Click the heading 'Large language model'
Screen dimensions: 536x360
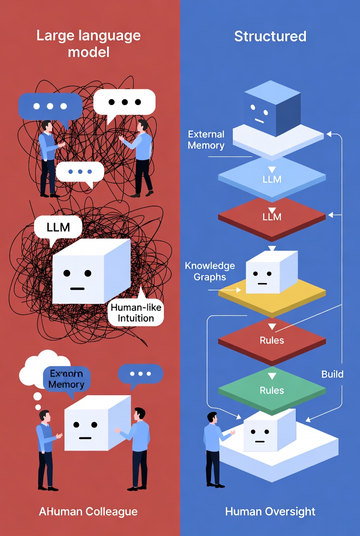click(x=89, y=44)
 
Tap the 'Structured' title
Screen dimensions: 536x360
click(x=270, y=36)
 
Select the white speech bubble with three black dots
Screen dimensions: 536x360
click(x=124, y=102)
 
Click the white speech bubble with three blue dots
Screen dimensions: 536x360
click(x=80, y=172)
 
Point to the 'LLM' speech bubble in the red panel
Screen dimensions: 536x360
click(x=58, y=227)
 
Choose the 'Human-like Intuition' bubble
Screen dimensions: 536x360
click(x=136, y=313)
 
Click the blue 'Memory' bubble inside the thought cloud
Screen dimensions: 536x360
click(x=66, y=379)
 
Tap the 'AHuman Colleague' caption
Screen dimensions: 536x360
click(x=89, y=511)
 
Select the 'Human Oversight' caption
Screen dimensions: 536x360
click(x=270, y=511)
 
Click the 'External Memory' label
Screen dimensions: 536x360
click(x=206, y=140)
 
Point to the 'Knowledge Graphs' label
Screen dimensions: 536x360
click(x=210, y=271)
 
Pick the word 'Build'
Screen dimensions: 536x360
click(x=332, y=374)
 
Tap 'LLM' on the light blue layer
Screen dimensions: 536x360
click(x=272, y=179)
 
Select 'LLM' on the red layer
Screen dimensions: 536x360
click(x=272, y=217)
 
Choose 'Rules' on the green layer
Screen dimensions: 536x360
click(x=272, y=391)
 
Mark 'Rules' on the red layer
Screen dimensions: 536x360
click(x=272, y=341)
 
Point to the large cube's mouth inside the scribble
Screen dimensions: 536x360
click(x=77, y=289)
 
